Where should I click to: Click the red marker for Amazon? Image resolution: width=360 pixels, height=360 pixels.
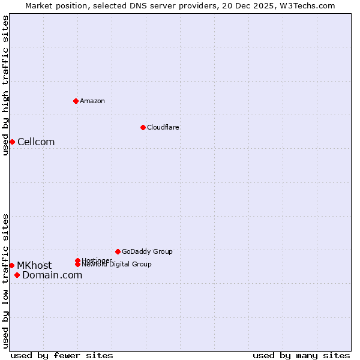click(x=76, y=101)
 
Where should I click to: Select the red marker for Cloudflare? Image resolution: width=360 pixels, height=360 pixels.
click(x=143, y=127)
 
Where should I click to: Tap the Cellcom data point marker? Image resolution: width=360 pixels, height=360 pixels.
click(x=12, y=142)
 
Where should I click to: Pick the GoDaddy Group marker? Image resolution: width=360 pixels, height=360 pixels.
click(x=118, y=251)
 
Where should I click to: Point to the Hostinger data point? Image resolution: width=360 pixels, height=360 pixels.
click(x=77, y=260)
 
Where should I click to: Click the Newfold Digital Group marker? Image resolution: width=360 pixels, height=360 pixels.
click(x=77, y=264)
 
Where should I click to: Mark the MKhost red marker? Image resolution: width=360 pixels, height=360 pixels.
click(x=11, y=265)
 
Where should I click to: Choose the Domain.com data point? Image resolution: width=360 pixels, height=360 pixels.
click(x=17, y=275)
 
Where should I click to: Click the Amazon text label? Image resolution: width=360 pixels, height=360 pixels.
click(x=92, y=101)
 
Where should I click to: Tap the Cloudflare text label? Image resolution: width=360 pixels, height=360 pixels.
click(x=163, y=127)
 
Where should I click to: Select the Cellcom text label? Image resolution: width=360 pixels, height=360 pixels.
click(x=36, y=142)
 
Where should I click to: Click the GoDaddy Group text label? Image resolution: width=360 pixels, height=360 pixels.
click(x=147, y=251)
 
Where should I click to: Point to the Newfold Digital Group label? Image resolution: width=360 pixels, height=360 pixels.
click(x=116, y=264)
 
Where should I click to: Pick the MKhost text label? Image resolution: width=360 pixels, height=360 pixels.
click(x=34, y=265)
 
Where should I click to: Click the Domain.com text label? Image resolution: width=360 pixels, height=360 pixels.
click(x=52, y=275)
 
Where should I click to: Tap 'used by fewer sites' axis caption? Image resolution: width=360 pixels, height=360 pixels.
click(x=62, y=355)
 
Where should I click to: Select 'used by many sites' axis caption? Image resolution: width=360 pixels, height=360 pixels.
click(x=301, y=355)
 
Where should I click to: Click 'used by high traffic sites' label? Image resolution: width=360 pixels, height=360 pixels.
click(x=5, y=85)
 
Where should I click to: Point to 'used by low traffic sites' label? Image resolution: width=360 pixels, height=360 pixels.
click(x=5, y=281)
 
